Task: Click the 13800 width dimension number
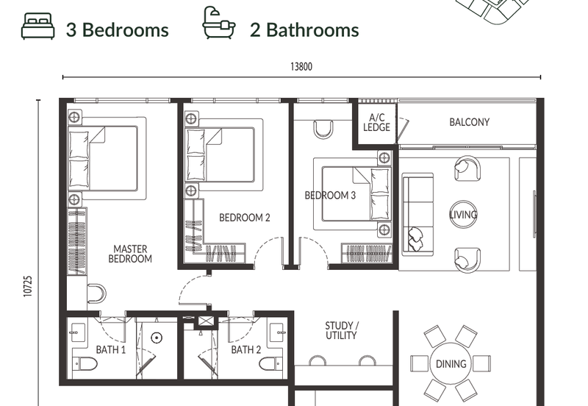click(301, 67)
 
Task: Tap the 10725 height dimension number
click(28, 287)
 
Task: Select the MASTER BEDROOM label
click(130, 254)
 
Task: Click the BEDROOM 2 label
click(245, 218)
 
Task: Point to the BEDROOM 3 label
click(330, 195)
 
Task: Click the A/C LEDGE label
click(376, 122)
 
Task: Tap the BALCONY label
click(470, 122)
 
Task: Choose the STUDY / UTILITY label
click(341, 330)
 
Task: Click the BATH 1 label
click(111, 349)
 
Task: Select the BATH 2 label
click(246, 349)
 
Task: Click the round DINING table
click(451, 363)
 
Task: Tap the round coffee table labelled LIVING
click(464, 214)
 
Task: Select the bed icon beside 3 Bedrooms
click(38, 26)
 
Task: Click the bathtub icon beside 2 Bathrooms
click(218, 23)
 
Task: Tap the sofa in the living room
click(417, 214)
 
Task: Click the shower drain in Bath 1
click(157, 338)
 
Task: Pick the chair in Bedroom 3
click(323, 129)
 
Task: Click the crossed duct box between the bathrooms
click(205, 321)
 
